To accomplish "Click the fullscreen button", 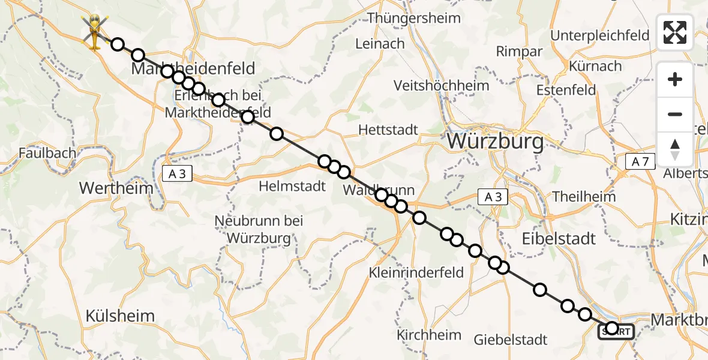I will pyautogui.click(x=675, y=32).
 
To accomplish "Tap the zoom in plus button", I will pyautogui.click(x=675, y=80).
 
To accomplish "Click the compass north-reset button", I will pyautogui.click(x=675, y=149).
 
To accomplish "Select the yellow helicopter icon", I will pyautogui.click(x=94, y=31).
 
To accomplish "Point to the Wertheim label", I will pyautogui.click(x=116, y=188).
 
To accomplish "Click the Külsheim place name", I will pyautogui.click(x=120, y=316).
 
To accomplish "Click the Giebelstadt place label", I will pyautogui.click(x=511, y=340).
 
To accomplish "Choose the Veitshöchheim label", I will pyautogui.click(x=441, y=86).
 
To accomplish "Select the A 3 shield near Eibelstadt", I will pyautogui.click(x=493, y=196).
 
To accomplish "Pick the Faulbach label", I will pyautogui.click(x=47, y=152).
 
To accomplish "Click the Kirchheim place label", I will pyautogui.click(x=430, y=335).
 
